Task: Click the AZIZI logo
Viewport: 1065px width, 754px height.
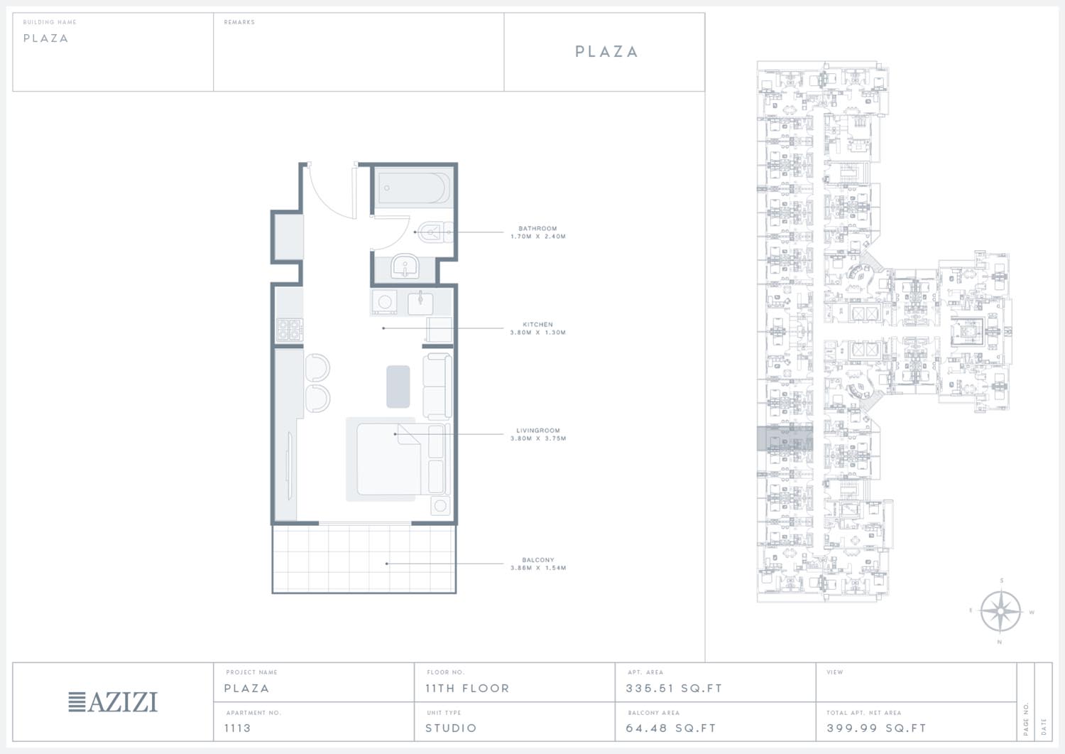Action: click(113, 701)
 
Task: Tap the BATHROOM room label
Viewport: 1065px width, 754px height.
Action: click(537, 229)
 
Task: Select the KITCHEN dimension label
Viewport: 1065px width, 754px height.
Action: click(537, 333)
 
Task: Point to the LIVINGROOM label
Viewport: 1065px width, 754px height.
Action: click(537, 431)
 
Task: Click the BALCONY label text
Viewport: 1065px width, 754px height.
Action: click(537, 560)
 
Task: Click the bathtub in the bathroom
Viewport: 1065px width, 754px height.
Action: click(414, 188)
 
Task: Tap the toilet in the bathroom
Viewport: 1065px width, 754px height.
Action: click(435, 232)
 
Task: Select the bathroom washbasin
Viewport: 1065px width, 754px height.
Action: click(405, 266)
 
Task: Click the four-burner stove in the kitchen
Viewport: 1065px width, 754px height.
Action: click(290, 330)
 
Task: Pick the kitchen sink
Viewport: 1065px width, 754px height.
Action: click(420, 303)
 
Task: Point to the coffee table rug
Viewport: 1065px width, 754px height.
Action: click(398, 387)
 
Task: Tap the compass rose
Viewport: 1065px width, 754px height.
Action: click(1000, 611)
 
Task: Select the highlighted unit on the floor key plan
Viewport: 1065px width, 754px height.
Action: click(785, 438)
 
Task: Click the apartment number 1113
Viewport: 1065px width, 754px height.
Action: click(237, 728)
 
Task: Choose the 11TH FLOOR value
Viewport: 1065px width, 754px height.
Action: click(467, 689)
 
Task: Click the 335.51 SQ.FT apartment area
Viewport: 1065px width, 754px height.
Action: click(674, 689)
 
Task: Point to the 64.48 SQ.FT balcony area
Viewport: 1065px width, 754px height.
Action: click(670, 728)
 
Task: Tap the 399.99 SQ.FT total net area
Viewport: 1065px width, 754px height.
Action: click(876, 728)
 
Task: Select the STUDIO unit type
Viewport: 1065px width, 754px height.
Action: click(451, 728)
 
